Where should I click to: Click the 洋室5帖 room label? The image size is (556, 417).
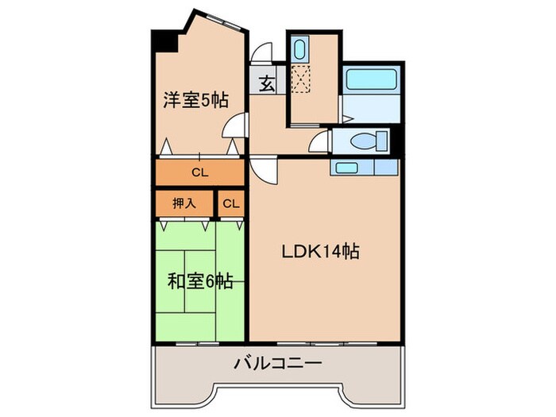[196, 100]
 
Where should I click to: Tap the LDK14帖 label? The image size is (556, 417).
[321, 252]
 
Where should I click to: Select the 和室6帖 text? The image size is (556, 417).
[199, 280]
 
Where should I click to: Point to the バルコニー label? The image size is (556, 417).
[277, 364]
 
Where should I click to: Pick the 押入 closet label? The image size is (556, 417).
[183, 203]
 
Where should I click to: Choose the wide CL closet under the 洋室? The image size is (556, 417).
[199, 172]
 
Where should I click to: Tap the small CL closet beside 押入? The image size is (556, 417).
[230, 203]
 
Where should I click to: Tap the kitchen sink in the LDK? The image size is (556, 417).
[346, 167]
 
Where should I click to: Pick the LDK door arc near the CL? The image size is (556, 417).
[264, 168]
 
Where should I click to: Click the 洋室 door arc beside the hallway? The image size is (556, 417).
[234, 125]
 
